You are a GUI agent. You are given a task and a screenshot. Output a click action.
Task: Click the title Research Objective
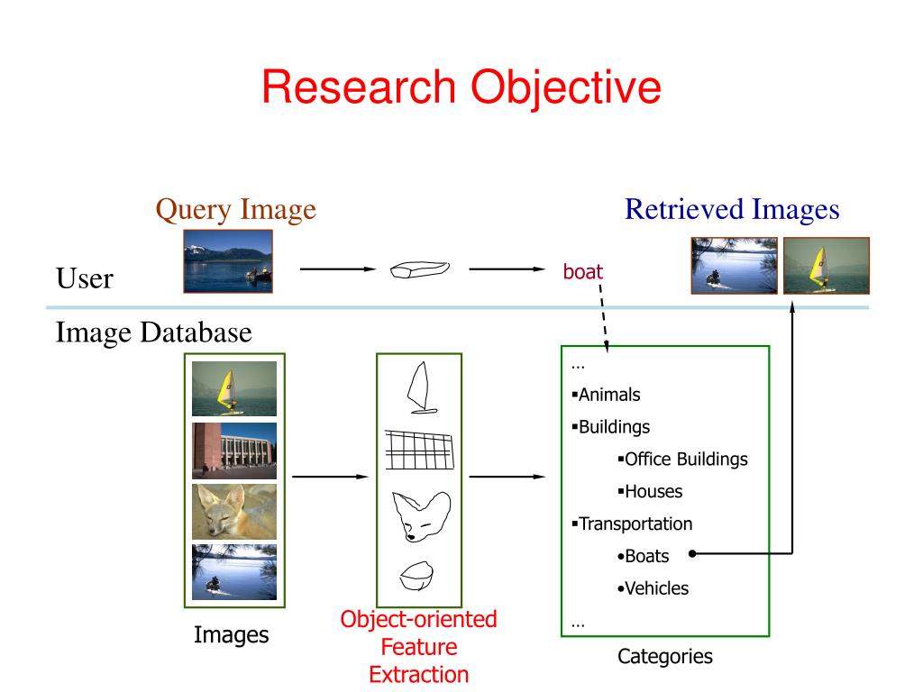[x=461, y=88]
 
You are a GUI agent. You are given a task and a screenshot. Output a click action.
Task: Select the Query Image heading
[x=235, y=210]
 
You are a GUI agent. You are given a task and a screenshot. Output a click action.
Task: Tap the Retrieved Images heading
[x=732, y=210]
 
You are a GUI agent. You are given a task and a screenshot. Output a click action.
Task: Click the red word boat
[x=582, y=271]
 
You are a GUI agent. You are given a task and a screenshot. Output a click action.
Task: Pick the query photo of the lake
[x=228, y=261]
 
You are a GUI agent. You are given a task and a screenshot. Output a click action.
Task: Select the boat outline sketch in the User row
[x=418, y=269]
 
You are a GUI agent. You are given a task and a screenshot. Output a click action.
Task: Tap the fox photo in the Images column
[x=233, y=511]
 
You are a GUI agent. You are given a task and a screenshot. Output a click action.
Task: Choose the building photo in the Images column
[x=233, y=451]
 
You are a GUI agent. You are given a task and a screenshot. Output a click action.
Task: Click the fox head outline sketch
[x=418, y=516]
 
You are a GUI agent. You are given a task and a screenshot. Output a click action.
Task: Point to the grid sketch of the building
[x=418, y=449]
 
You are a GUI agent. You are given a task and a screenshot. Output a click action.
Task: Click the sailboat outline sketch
[x=420, y=388]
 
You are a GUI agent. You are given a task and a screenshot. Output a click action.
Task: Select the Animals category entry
[x=608, y=395]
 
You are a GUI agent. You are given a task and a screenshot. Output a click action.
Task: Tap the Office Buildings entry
[x=685, y=460]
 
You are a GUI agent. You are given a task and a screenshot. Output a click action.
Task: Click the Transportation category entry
[x=635, y=524]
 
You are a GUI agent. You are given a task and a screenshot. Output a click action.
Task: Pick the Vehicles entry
[x=656, y=589]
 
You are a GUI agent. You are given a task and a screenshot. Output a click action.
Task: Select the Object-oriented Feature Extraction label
[x=418, y=647]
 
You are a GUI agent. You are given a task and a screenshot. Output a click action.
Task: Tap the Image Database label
[x=154, y=333]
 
